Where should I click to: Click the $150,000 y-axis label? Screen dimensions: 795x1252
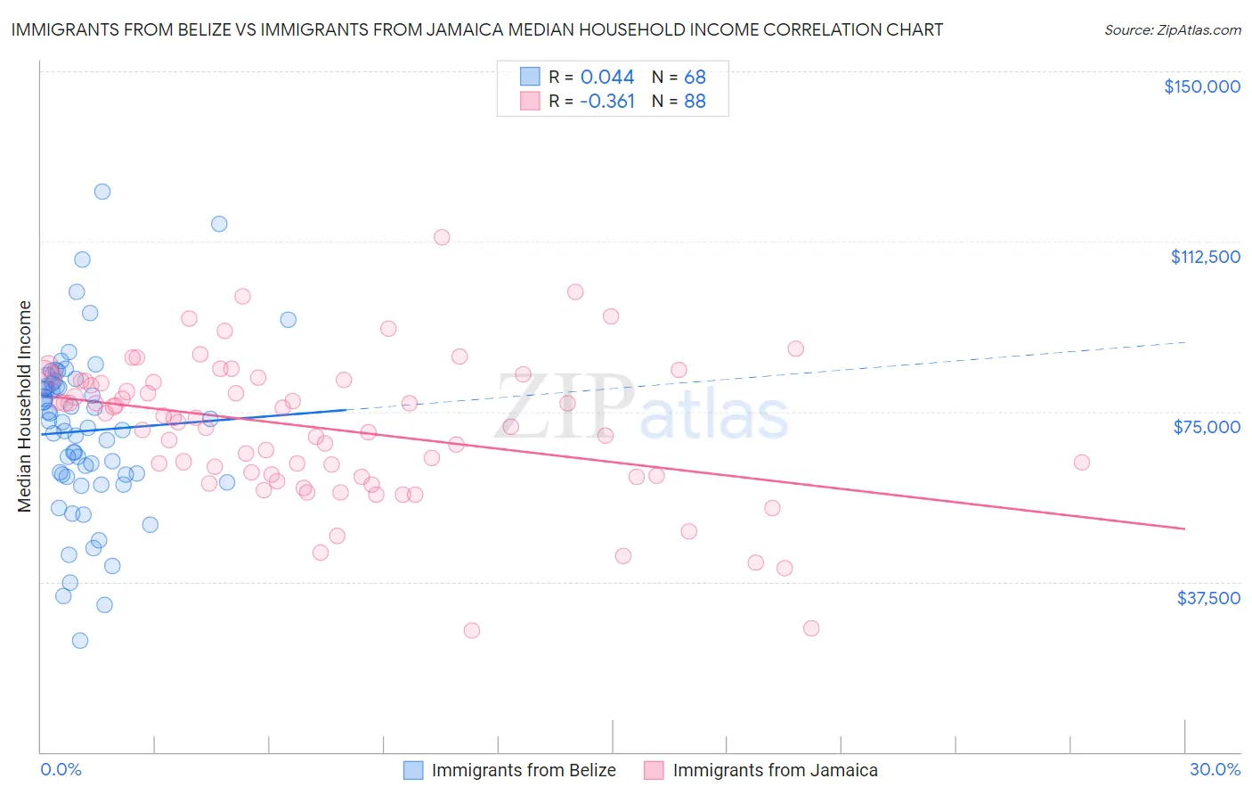click(x=1201, y=86)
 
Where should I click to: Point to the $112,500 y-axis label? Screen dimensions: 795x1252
click(x=1205, y=257)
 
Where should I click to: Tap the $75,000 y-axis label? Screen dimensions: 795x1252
click(x=1207, y=427)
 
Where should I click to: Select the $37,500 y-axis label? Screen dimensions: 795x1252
click(x=1208, y=598)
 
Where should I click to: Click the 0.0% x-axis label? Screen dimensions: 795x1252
click(x=61, y=769)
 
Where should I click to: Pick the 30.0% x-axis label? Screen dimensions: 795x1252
click(x=1215, y=769)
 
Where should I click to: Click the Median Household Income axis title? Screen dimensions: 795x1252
click(x=25, y=406)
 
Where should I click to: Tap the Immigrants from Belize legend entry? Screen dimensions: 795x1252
click(x=524, y=770)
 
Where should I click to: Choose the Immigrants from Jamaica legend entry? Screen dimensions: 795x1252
click(x=775, y=770)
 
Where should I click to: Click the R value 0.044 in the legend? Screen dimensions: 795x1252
click(x=607, y=77)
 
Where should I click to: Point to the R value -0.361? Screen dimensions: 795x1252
click(x=607, y=102)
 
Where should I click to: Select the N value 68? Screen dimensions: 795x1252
click(x=695, y=77)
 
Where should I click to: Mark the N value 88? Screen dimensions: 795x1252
click(x=695, y=102)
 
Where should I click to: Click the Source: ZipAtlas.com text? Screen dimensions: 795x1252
click(x=1172, y=30)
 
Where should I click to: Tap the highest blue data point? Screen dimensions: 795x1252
click(x=102, y=192)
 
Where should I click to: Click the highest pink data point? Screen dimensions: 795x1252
click(x=442, y=237)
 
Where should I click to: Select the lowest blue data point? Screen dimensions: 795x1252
click(x=80, y=641)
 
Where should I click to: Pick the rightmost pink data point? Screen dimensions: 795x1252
click(x=1082, y=462)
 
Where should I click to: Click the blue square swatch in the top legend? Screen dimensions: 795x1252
click(x=530, y=77)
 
